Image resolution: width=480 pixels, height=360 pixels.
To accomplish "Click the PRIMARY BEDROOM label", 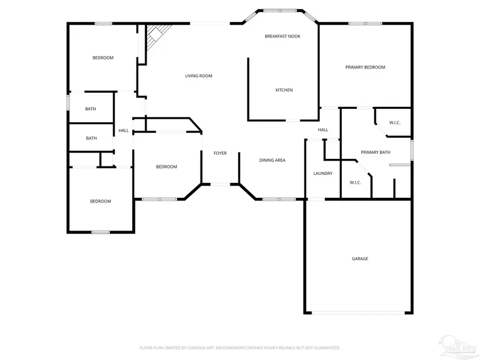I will [365, 67].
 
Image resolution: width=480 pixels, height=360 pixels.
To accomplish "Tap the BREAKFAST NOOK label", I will [283, 36].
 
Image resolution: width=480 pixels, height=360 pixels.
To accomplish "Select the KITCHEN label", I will [284, 90].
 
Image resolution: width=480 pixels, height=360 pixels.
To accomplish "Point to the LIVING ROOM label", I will [198, 76].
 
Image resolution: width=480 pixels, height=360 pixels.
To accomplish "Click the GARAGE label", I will [359, 259].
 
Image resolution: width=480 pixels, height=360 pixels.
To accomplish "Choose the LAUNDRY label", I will [323, 173].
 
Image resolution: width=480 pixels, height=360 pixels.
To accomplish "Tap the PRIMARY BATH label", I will [375, 153].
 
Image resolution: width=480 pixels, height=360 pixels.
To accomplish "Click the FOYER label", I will [220, 153].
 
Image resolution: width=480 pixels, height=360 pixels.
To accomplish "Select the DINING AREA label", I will [272, 160].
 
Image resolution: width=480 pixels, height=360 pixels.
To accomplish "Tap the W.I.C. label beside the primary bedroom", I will [395, 123].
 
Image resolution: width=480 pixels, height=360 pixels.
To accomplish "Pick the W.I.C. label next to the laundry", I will [355, 182].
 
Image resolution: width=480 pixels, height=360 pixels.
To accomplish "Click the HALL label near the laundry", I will [323, 130].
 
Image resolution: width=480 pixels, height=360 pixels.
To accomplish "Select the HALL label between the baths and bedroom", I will [123, 130].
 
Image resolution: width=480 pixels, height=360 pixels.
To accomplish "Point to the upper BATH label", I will [91, 109].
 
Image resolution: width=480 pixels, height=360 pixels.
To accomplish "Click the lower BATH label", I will [91, 138].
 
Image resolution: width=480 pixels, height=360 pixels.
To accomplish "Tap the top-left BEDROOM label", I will [103, 58].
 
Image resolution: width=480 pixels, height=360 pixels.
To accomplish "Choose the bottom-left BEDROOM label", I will [100, 201].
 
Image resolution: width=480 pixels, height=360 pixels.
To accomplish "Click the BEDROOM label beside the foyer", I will [166, 167].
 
